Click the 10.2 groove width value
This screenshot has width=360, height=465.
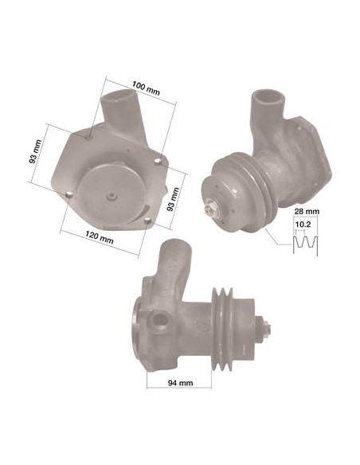coord(303,225)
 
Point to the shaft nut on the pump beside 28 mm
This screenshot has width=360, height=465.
coord(214,209)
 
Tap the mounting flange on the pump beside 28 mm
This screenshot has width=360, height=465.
coord(306,147)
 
